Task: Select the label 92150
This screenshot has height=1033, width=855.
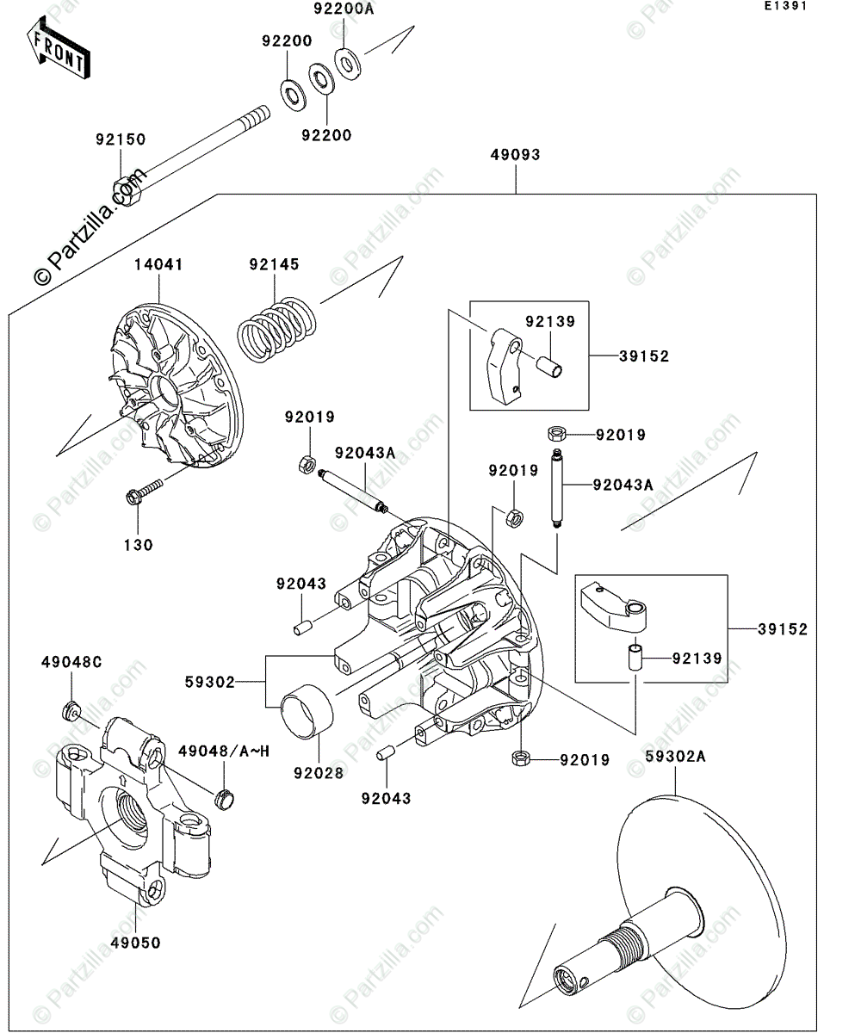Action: [121, 139]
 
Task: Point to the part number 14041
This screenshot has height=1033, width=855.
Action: [158, 265]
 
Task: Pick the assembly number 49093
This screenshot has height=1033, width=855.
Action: [515, 156]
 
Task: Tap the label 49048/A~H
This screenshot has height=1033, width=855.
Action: [224, 752]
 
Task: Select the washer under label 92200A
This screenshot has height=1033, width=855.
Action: [348, 63]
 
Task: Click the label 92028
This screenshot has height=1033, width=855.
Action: [318, 773]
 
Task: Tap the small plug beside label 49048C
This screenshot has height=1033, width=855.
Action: [71, 712]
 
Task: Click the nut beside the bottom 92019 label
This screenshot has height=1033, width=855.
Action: [520, 759]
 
